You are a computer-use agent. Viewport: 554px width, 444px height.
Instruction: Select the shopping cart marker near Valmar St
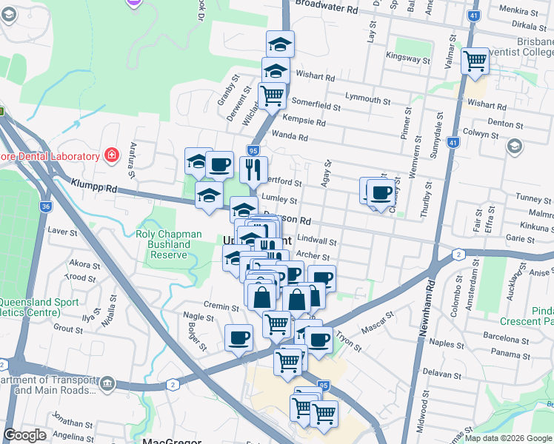[474, 61]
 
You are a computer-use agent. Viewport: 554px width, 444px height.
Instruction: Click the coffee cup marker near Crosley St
[381, 194]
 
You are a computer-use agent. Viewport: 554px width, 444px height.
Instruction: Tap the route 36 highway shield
[46, 207]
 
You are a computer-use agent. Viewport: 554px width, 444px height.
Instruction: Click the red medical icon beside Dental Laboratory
[111, 155]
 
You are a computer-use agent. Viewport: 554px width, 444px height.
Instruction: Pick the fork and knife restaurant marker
[253, 169]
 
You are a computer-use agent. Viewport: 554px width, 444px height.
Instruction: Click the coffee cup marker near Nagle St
[238, 339]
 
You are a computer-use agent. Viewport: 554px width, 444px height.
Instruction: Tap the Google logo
[24, 435]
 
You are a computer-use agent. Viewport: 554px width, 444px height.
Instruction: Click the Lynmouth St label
[367, 100]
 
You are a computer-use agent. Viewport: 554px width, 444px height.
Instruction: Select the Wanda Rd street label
[290, 136]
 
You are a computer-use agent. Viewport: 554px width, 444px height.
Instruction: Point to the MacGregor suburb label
[171, 442]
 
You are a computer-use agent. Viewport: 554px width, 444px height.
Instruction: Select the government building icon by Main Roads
[108, 383]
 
